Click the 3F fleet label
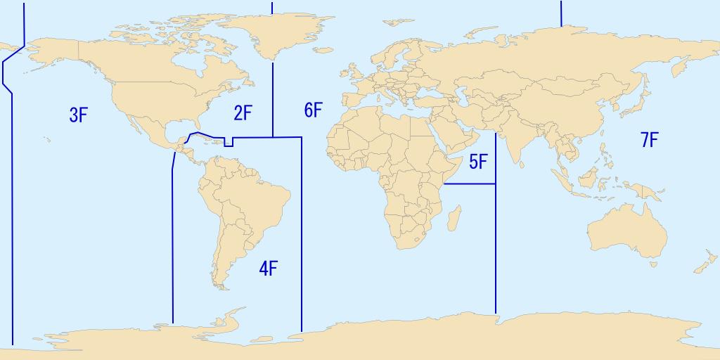coord(78,115)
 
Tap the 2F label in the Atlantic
coord(243,112)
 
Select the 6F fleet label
coord(313,110)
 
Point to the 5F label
coord(478,162)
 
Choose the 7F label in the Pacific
coord(649,140)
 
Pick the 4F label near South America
coord(268,268)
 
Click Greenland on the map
coord(271,32)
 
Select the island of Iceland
coord(324,50)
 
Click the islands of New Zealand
coord(703,266)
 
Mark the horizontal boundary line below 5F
coord(470,184)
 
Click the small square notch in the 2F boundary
coord(229,143)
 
